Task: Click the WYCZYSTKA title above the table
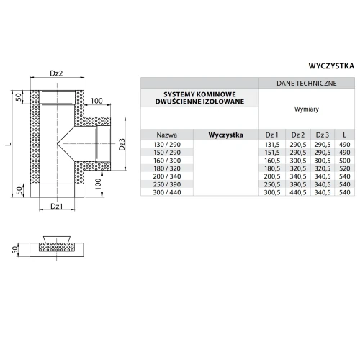pos(331,66)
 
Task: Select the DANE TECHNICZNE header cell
pos(307,84)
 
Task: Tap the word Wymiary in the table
pos(307,109)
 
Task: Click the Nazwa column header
pos(167,135)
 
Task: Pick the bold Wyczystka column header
pos(225,135)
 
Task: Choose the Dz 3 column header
pos(323,135)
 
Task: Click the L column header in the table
pos(344,135)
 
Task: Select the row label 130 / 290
pos(167,145)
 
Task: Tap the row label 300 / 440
pos(167,192)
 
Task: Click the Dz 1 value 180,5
pos(272,168)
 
